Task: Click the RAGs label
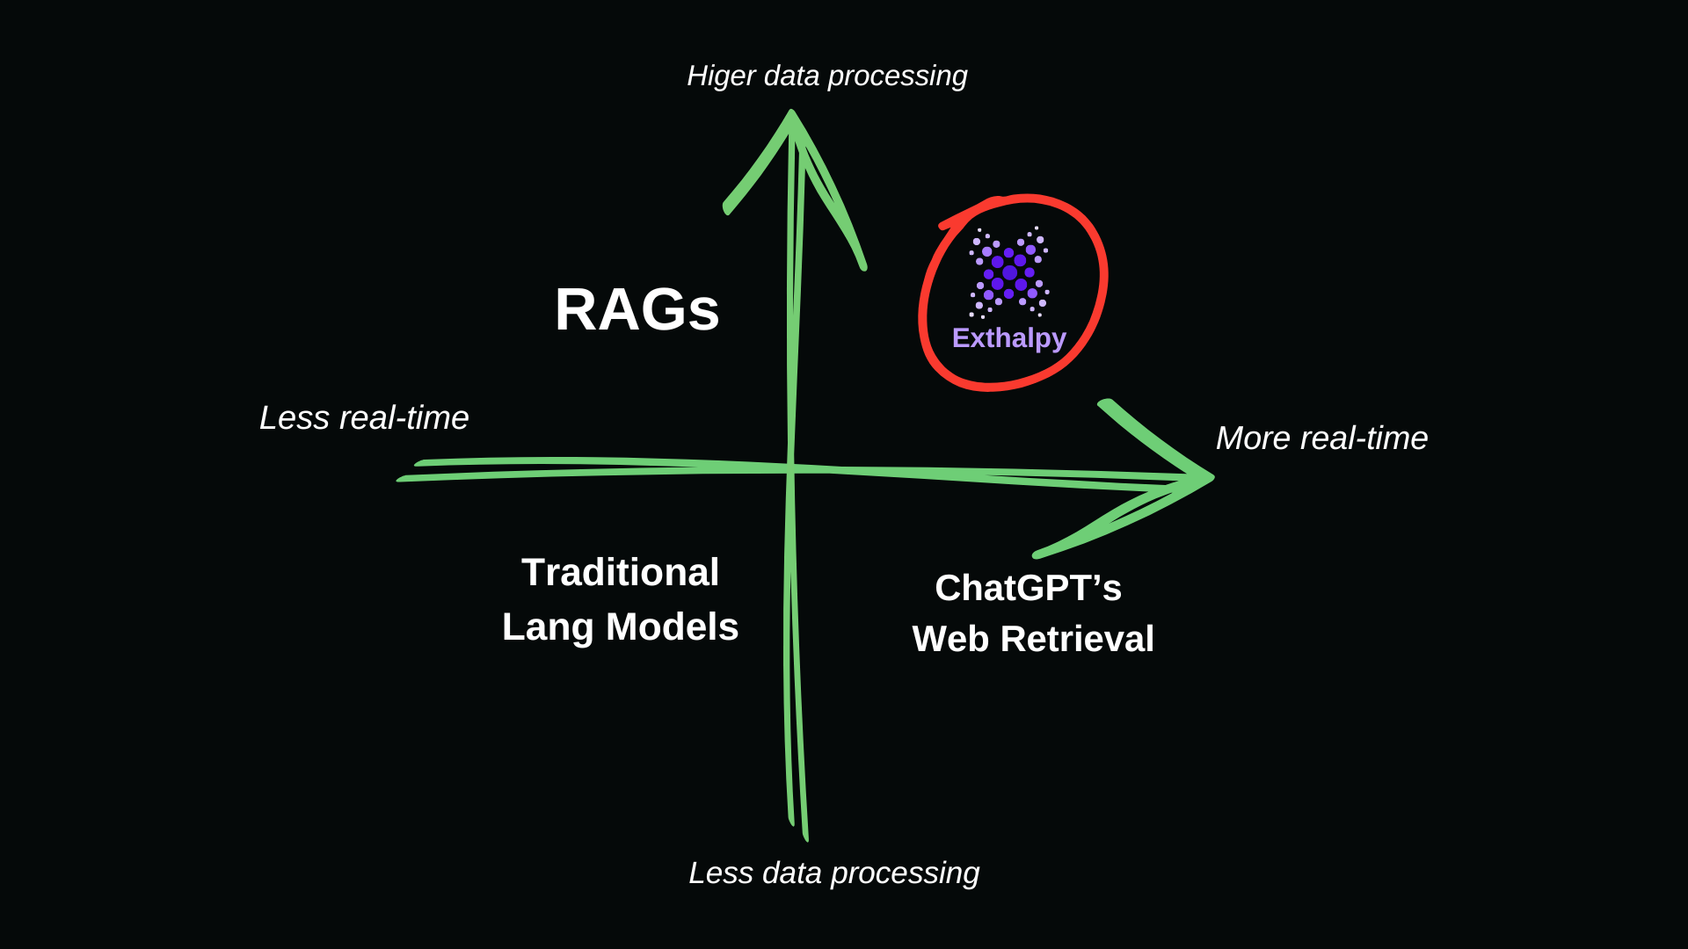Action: pyautogui.click(x=637, y=309)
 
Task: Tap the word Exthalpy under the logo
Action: pyautogui.click(x=1008, y=338)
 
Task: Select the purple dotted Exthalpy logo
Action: pyautogui.click(x=1008, y=272)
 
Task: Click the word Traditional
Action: pyautogui.click(x=620, y=572)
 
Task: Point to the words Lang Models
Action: pyautogui.click(x=620, y=627)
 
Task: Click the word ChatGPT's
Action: pyautogui.click(x=1028, y=588)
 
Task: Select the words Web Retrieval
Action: pyautogui.click(x=1033, y=639)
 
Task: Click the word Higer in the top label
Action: pyautogui.click(x=721, y=76)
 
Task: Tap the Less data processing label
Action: pyautogui.click(x=833, y=873)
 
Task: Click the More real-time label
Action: pyautogui.click(x=1321, y=438)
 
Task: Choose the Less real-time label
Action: pyautogui.click(x=364, y=417)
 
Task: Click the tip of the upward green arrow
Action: pyautogui.click(x=791, y=112)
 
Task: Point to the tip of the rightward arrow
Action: pyautogui.click(x=1212, y=478)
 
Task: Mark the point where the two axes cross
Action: pyautogui.click(x=791, y=467)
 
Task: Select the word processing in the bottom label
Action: pyautogui.click(x=905, y=873)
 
